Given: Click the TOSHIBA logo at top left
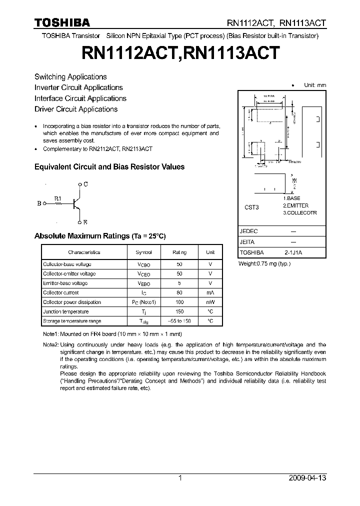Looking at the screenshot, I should click(x=62, y=22).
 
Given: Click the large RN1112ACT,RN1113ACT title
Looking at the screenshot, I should click(x=179, y=53).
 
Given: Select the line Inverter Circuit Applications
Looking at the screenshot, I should click(x=78, y=87).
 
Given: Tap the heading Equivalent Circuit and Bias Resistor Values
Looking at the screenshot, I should click(x=109, y=167).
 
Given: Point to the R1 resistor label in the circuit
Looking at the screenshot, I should click(x=57, y=197).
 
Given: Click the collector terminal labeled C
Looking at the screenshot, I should click(x=86, y=184).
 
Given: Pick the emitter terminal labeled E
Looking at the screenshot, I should click(x=86, y=222).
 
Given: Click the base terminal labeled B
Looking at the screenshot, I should click(x=39, y=203).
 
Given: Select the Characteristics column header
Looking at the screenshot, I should click(x=84, y=252).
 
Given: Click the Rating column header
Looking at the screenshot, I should click(x=179, y=252).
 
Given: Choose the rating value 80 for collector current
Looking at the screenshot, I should click(x=179, y=293).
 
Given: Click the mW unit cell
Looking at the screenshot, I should click(x=210, y=302).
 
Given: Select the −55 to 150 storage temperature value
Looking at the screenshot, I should click(x=179, y=321).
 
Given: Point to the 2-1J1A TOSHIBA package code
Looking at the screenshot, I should click(x=293, y=253).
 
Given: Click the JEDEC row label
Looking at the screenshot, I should click(x=249, y=231).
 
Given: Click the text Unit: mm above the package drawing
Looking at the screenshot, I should click(x=315, y=85).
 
